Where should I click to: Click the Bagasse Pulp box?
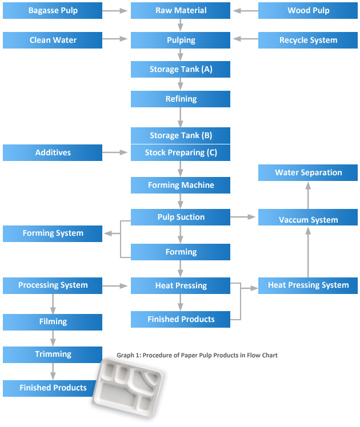coord(53,11)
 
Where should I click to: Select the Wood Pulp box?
coord(308,11)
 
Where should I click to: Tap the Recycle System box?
coord(308,41)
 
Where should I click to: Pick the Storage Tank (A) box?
coord(181,70)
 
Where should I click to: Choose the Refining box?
coord(181,99)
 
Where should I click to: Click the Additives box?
coord(53,153)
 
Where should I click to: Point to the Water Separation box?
coord(308,172)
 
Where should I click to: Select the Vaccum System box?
coord(308,217)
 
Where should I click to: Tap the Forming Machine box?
coord(181,186)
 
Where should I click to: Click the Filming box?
coord(53,322)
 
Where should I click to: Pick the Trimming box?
coord(53,355)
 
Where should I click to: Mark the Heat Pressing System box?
coord(308,285)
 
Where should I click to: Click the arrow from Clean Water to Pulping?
coord(115,39)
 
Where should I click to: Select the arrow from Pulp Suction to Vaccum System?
coord(242,217)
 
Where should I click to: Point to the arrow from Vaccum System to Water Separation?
coord(308,196)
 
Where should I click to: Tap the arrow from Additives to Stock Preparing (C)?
coord(115,152)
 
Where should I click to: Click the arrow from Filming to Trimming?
coord(53,338)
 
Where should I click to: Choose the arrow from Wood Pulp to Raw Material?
coord(246,11)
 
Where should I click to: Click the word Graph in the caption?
coord(124,356)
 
